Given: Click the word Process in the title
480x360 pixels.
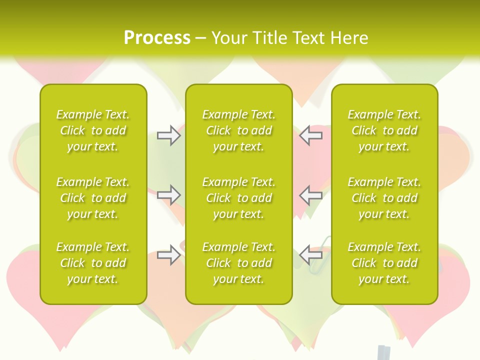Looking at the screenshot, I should [157, 38].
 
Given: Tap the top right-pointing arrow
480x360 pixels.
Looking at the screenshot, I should [169, 135].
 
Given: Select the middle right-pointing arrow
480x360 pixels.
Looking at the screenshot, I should [169, 195].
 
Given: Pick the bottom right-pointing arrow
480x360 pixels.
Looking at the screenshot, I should [169, 255].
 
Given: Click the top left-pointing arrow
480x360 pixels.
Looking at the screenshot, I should [311, 135].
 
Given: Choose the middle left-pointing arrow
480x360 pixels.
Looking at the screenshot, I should [311, 195].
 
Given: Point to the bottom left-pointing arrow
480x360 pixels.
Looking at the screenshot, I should [311, 255].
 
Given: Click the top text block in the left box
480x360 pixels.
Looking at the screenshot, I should [93, 130].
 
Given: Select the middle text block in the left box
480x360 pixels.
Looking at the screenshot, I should [93, 198].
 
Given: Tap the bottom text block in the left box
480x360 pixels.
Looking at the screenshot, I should [93, 263].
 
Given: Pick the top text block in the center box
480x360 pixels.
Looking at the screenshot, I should [238, 130].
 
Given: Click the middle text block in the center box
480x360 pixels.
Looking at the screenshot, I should [238, 198].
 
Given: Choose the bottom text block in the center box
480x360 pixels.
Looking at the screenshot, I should [238, 263].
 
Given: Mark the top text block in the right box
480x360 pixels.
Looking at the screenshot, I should [384, 130].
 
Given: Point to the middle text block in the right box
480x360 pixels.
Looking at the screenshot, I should [384, 198].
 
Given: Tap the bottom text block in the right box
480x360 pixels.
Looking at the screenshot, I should [384, 263].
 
